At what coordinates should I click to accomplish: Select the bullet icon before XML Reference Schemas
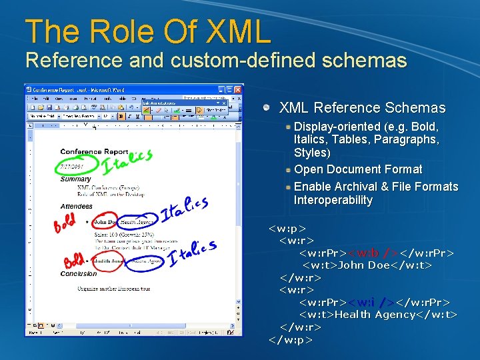coord(267,107)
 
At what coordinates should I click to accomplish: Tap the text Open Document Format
coord(358,169)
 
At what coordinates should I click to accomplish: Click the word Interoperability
coord(333,200)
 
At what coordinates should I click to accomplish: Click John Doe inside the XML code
coord(364,265)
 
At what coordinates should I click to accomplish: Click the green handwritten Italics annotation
coord(127,159)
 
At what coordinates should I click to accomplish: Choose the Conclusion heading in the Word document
coord(78,274)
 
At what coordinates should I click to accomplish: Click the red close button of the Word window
coord(237,89)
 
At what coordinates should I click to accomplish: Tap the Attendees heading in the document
coord(76,207)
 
